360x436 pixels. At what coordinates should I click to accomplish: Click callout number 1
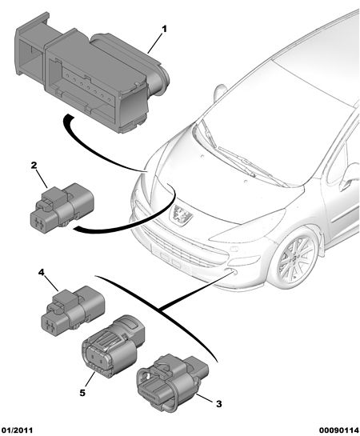click(x=164, y=29)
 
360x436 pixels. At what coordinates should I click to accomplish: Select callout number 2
click(x=34, y=166)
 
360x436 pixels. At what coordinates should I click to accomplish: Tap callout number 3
click(x=219, y=404)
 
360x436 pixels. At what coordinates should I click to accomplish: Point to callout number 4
click(x=41, y=272)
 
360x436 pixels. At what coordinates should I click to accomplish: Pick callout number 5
click(x=82, y=393)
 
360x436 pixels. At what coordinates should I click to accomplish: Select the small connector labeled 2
click(x=61, y=206)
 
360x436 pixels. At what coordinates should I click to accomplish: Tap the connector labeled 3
click(x=172, y=382)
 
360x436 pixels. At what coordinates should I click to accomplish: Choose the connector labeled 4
click(x=73, y=310)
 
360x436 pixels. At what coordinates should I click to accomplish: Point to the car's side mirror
click(x=220, y=92)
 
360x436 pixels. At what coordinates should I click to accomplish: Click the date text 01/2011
click(x=17, y=430)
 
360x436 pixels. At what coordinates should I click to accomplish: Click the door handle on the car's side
click(x=346, y=184)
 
